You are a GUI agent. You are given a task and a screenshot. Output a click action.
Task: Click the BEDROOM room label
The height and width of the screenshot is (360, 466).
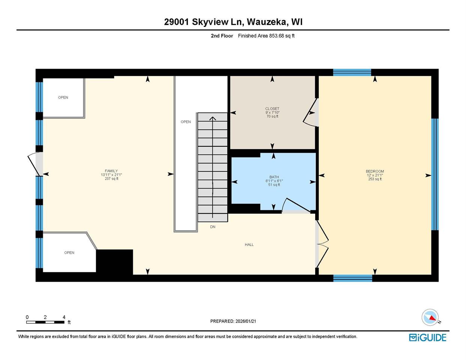click(375, 171)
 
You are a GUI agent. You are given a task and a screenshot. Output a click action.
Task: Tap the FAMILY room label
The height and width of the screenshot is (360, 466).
click(111, 171)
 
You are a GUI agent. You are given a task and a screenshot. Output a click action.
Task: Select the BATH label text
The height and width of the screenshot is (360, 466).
click(274, 177)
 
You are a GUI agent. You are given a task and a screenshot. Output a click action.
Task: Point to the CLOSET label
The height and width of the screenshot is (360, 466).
click(272, 109)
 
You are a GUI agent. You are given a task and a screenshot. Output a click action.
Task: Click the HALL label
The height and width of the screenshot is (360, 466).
click(249, 244)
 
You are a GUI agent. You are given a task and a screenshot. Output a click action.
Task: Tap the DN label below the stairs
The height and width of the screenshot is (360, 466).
click(213, 227)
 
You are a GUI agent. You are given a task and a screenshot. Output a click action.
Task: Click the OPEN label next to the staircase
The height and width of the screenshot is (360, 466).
click(186, 121)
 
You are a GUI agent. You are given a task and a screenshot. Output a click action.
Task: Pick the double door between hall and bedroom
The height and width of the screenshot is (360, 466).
click(322, 244)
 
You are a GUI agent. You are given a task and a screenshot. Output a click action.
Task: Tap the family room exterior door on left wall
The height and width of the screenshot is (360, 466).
click(35, 164)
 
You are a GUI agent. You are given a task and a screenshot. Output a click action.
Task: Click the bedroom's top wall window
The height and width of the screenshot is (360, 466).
click(352, 72)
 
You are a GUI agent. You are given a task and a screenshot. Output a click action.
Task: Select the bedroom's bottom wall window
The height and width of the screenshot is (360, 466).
click(353, 278)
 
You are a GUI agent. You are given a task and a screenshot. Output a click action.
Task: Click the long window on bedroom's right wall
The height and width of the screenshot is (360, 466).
click(434, 174)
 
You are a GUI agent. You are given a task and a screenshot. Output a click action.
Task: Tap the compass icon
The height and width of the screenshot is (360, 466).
click(430, 317)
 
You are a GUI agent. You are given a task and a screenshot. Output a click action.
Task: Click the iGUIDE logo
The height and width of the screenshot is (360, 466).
click(427, 337)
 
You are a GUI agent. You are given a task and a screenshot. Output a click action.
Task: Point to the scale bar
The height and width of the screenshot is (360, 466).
click(45, 322)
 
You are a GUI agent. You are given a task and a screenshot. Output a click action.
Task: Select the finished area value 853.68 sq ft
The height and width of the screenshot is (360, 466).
click(282, 36)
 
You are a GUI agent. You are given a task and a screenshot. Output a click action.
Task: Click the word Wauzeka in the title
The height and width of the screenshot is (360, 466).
click(268, 22)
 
